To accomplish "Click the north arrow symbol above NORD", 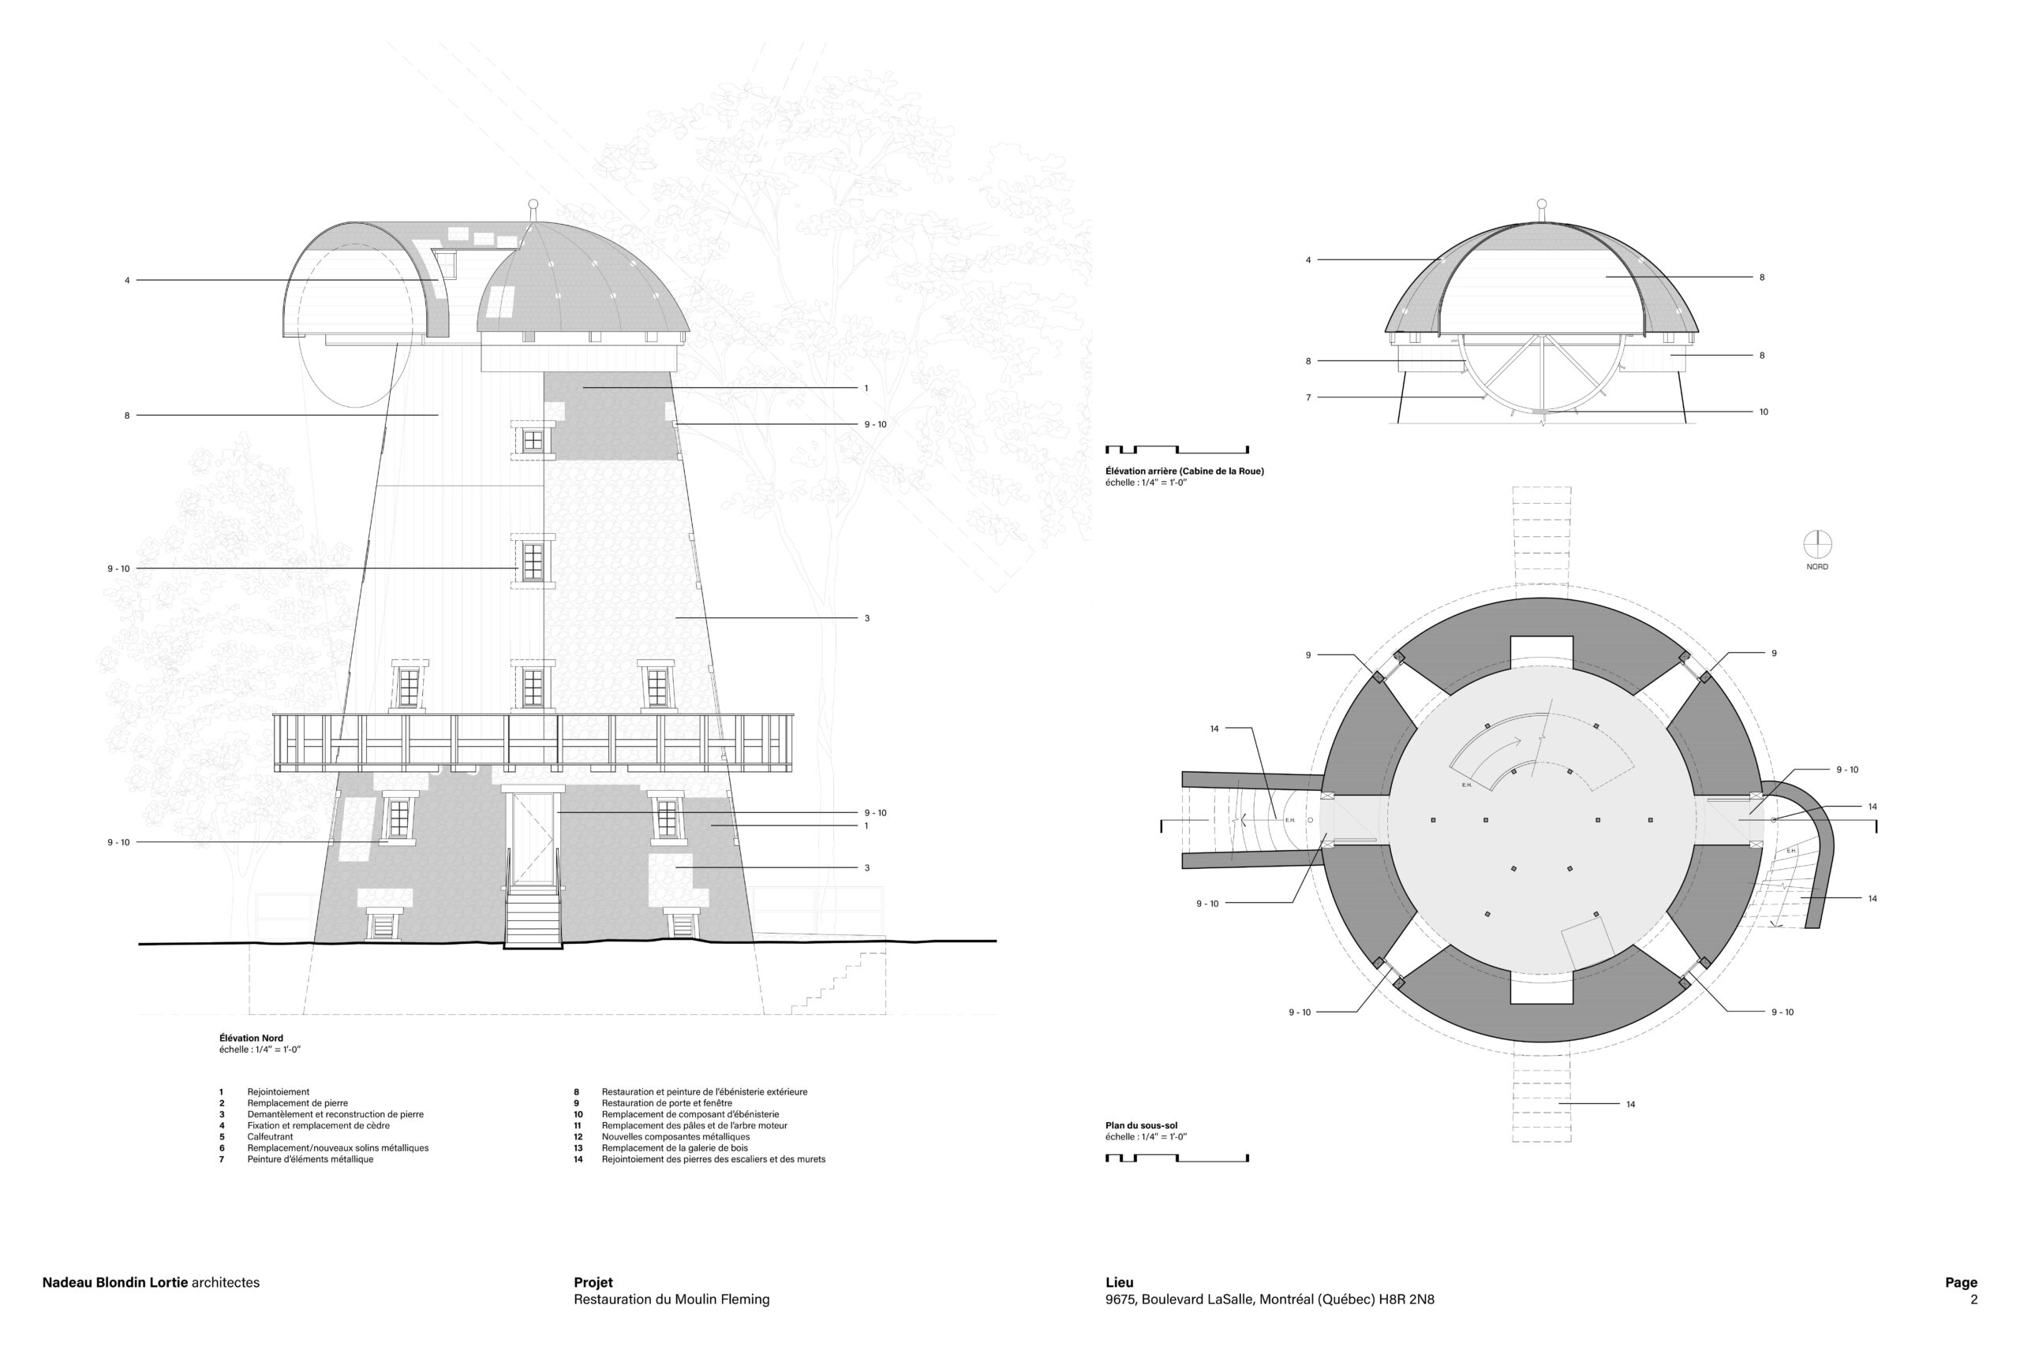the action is coord(1817,544).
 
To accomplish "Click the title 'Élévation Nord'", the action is coord(251,1038).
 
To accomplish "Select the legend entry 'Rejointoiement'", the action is coord(279,1093).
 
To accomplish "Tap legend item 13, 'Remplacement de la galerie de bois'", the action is coord(675,1149).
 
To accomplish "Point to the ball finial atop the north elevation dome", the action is coord(533,204).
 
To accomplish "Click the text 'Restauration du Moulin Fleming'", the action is coord(671,1299).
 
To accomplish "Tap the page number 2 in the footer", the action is coord(1973,1299).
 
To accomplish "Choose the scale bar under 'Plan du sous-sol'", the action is coord(1176,1158).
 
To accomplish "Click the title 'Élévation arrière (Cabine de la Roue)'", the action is coord(1184,472).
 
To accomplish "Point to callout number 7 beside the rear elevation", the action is coord(1308,398).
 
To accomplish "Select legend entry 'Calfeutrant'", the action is coord(270,1137).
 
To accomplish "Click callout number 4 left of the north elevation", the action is coord(127,281).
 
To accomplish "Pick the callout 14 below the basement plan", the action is coord(1630,1105).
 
